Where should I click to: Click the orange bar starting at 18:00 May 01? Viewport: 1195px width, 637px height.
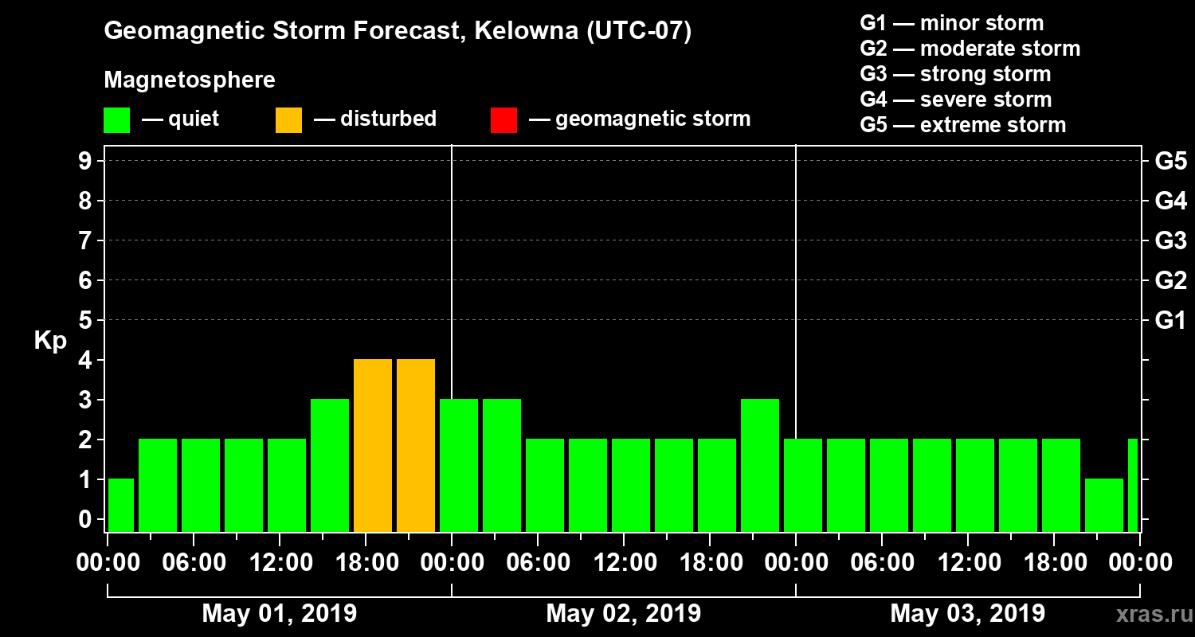click(373, 446)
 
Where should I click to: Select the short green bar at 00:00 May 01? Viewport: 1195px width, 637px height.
click(121, 505)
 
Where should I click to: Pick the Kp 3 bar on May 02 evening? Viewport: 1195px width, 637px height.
click(760, 465)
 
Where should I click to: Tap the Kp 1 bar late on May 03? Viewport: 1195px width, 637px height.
click(1104, 505)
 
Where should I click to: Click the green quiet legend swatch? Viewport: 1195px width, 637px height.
click(116, 119)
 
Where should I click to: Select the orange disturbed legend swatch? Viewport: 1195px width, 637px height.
click(288, 119)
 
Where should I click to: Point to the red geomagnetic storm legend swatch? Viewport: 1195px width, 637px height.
click(503, 119)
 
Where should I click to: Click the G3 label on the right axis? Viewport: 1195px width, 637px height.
click(1170, 240)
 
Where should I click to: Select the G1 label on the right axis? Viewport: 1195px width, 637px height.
click(1170, 321)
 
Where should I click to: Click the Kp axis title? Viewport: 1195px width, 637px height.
click(50, 341)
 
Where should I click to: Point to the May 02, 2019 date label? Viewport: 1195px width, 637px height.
click(624, 614)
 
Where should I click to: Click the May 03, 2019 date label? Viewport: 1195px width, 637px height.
click(967, 614)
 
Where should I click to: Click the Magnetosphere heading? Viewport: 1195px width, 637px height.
click(190, 80)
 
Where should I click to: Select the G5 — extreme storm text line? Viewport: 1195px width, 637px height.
click(962, 125)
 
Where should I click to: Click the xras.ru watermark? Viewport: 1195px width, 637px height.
click(1150, 615)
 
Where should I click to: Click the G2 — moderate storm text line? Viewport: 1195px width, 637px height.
click(970, 49)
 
